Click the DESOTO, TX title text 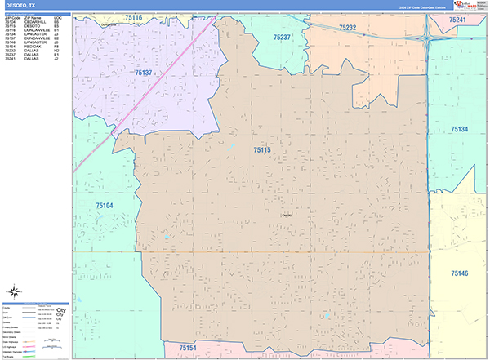(x=20, y=5)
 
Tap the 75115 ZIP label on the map (x=262, y=150)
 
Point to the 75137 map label (x=143, y=73)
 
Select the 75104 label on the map (x=101, y=206)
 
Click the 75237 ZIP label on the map (x=282, y=38)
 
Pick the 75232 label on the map (x=347, y=28)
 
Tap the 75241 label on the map (x=457, y=20)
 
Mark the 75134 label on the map (x=459, y=129)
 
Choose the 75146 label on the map (x=460, y=273)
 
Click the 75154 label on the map (x=188, y=348)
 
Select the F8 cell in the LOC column (x=56, y=47)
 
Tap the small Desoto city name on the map (x=286, y=216)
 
